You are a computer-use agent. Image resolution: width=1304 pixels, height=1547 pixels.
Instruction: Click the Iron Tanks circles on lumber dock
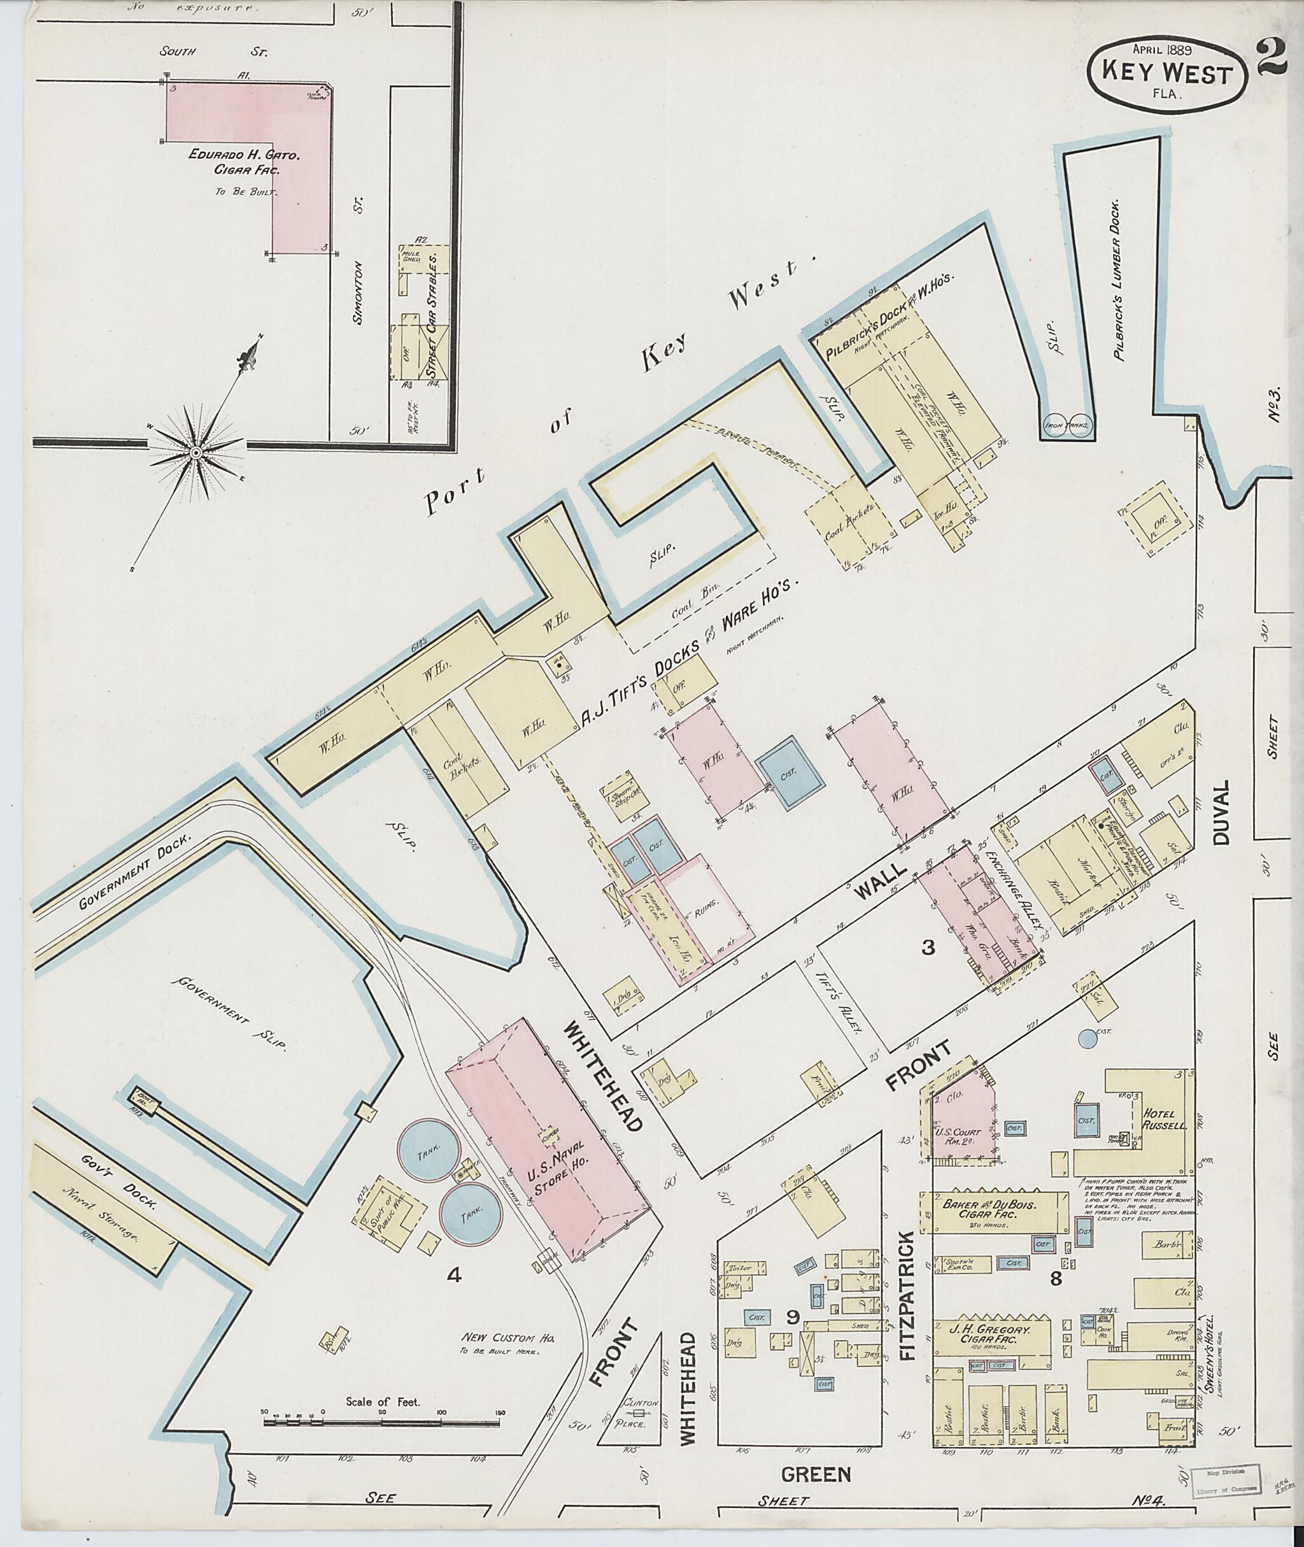pyautogui.click(x=1068, y=426)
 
